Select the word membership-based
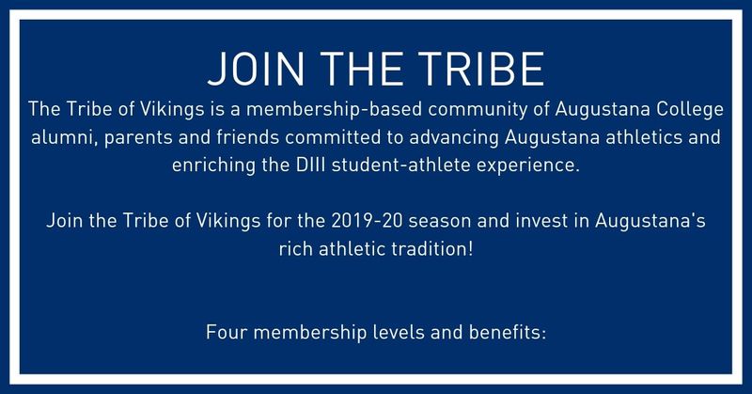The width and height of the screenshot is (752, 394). pos(334,110)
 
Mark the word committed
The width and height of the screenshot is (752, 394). pos(333,137)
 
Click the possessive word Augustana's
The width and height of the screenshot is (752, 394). pos(650,222)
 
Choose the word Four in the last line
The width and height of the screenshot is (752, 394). pos(227,333)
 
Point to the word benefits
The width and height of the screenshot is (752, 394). pos(508,333)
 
